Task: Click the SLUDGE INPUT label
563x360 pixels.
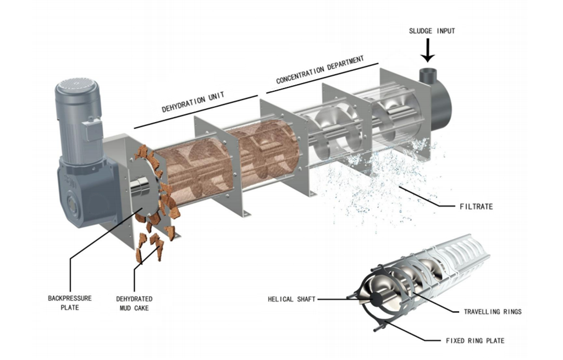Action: (x=432, y=31)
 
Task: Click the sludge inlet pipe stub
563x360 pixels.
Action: (x=427, y=75)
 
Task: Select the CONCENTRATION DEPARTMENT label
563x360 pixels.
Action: (x=320, y=70)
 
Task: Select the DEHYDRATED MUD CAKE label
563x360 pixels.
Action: (x=134, y=303)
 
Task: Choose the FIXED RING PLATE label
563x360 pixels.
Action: (x=474, y=341)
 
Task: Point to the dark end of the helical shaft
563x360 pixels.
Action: (x=378, y=299)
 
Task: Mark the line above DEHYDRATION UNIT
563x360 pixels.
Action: (x=196, y=112)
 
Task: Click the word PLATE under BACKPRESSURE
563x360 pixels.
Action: (x=69, y=308)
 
